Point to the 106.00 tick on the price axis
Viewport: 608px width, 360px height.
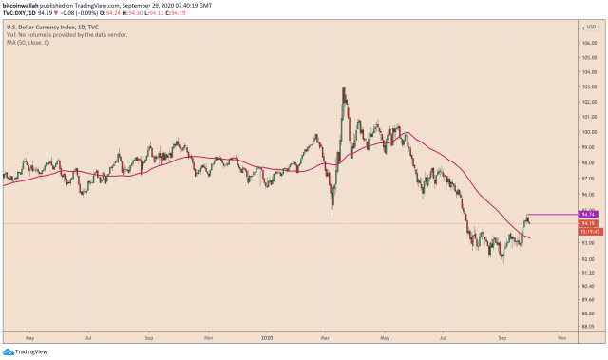point(589,42)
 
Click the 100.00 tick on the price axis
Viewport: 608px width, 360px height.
point(589,131)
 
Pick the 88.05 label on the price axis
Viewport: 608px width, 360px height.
point(589,325)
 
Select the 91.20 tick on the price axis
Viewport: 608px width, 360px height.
point(589,273)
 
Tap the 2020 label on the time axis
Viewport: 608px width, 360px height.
point(268,337)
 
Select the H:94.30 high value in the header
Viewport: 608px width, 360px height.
point(139,13)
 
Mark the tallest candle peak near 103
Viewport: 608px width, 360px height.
point(343,88)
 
